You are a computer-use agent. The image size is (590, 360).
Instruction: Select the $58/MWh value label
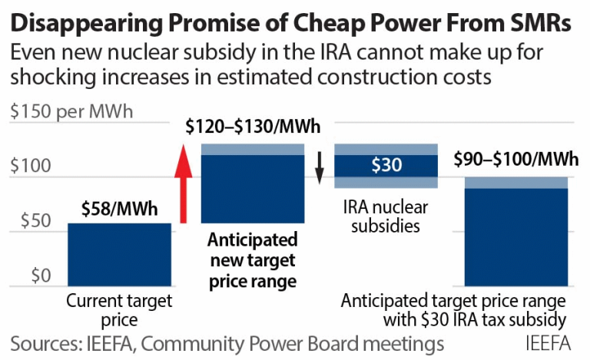(x=119, y=209)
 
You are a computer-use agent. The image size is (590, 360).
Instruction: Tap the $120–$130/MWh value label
(x=253, y=127)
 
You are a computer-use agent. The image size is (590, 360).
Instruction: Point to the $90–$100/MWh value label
(x=515, y=160)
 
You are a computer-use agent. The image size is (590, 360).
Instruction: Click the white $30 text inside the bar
(x=386, y=166)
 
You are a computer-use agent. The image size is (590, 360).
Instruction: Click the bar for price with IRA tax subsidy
(x=515, y=234)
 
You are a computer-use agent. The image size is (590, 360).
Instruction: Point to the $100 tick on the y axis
(x=31, y=166)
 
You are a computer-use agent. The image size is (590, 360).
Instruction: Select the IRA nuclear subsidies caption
(x=386, y=217)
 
